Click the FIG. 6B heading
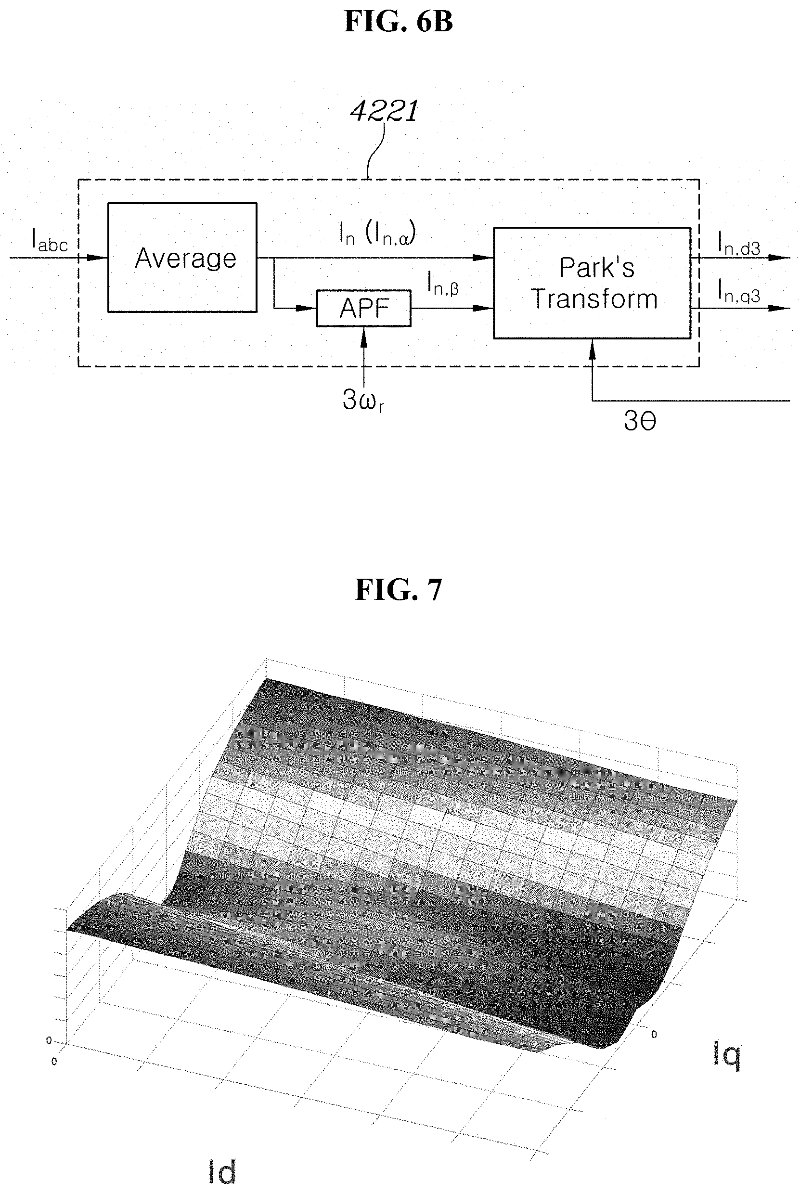399,22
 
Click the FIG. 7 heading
399,590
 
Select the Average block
182,257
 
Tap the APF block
364,308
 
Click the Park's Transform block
592,283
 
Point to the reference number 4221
384,111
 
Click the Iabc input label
50,240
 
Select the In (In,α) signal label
377,234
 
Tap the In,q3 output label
739,291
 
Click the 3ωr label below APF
363,401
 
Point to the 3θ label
640,421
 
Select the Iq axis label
726,1055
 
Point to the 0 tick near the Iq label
654,1034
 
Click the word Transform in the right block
594,299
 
